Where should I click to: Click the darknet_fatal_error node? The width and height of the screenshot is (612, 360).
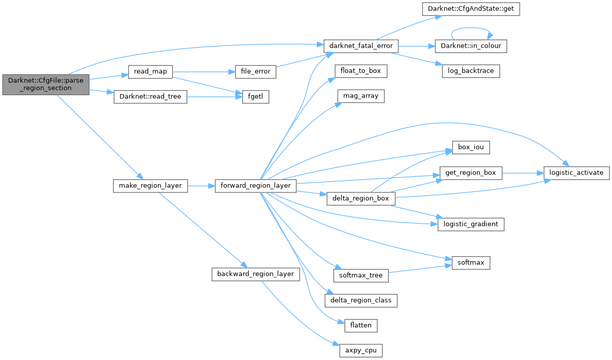[361, 46]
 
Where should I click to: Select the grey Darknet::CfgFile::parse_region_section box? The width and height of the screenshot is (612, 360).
[46, 84]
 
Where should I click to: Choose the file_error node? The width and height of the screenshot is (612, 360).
[256, 72]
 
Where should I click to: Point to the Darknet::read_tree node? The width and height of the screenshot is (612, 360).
[150, 97]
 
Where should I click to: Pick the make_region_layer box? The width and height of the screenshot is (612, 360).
[150, 186]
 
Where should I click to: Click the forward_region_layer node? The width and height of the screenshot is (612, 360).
[255, 186]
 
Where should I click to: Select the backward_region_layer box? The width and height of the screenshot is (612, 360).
[255, 274]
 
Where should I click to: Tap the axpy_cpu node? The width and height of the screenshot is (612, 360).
[361, 350]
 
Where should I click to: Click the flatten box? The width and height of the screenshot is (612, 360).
[361, 325]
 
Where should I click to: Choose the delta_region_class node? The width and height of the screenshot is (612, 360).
[361, 300]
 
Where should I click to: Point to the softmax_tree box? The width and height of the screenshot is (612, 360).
[361, 275]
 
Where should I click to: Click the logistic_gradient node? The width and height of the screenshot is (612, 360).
[471, 224]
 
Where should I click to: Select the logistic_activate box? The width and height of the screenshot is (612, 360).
[576, 173]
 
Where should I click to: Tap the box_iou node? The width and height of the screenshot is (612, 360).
[471, 148]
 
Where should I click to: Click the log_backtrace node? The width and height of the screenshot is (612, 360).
[471, 71]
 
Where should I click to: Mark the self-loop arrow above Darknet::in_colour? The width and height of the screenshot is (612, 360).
[471, 29]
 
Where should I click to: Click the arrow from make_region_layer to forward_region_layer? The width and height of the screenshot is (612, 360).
[201, 186]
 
